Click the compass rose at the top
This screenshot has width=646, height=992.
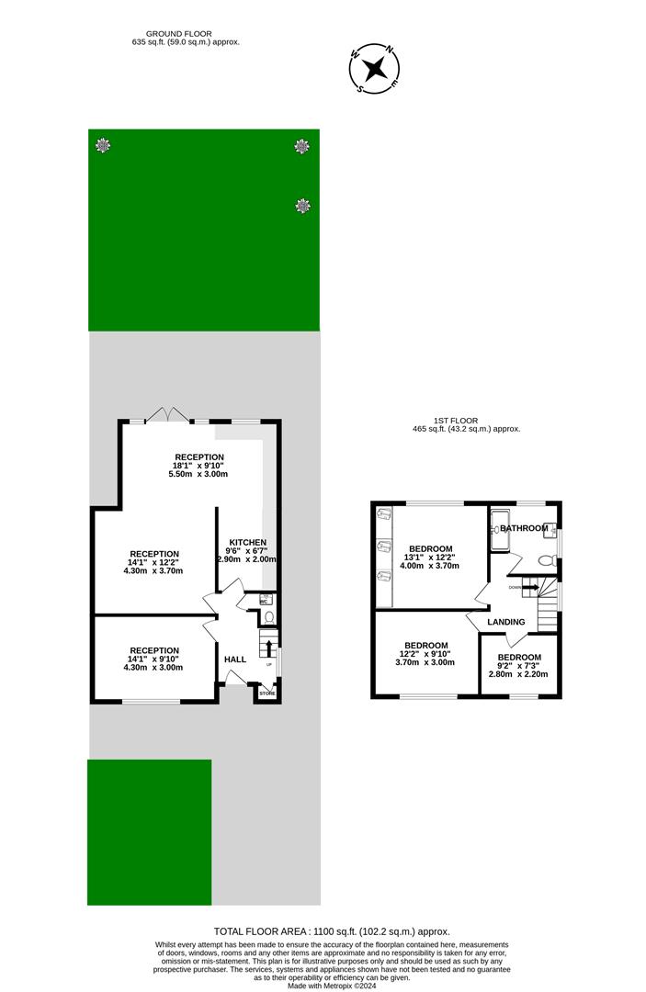[375, 69]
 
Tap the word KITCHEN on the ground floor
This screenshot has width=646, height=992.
[248, 543]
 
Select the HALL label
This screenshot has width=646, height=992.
[235, 659]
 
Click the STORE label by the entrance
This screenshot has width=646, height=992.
[266, 693]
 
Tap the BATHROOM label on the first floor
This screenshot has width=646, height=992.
[524, 528]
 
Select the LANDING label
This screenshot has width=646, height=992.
[506, 622]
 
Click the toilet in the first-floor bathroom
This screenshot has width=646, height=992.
[546, 560]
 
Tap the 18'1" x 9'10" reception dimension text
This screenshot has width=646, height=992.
[198, 466]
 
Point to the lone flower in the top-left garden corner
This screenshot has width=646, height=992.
[102, 145]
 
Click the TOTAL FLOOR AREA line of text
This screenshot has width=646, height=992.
[332, 931]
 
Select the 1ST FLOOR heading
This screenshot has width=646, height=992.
[455, 421]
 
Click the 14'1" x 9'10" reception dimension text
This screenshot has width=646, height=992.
[153, 659]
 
